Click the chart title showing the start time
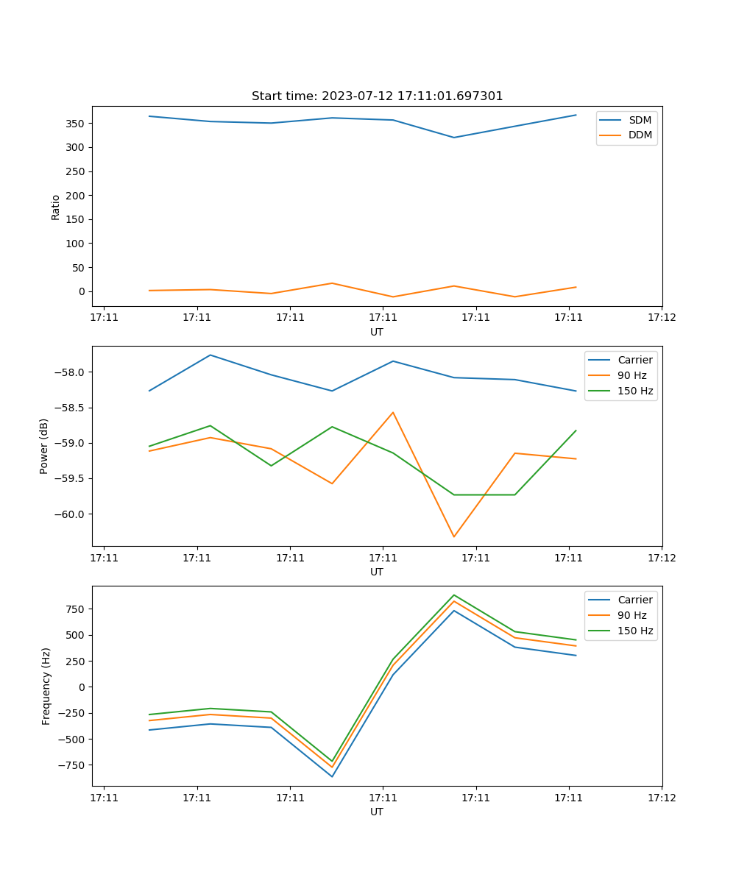click(x=377, y=96)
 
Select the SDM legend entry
click(x=640, y=120)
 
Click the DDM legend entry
click(x=640, y=135)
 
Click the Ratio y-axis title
click(x=56, y=207)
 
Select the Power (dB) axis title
click(x=44, y=446)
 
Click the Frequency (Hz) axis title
click(x=46, y=686)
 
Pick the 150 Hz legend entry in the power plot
click(x=636, y=391)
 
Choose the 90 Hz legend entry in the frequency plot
click(x=632, y=615)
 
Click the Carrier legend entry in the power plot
click(x=635, y=360)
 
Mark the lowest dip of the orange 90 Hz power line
click(x=453, y=536)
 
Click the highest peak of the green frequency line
click(x=453, y=595)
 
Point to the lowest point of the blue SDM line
click(x=453, y=138)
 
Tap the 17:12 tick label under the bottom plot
click(x=661, y=797)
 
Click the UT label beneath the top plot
click(x=377, y=332)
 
